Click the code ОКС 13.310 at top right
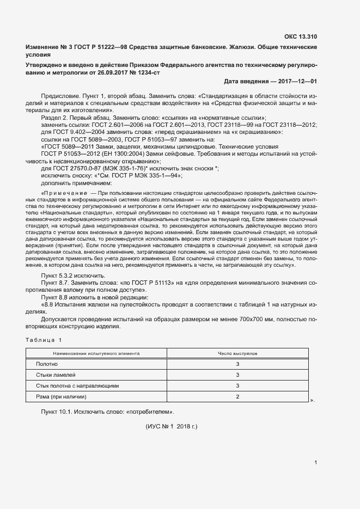point(300,38)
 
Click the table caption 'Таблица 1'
point(44,340)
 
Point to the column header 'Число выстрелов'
point(237,353)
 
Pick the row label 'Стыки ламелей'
point(56,375)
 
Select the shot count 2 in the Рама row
point(237,397)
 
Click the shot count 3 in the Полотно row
point(237,364)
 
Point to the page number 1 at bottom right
point(315,463)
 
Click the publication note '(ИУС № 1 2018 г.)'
point(171,427)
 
